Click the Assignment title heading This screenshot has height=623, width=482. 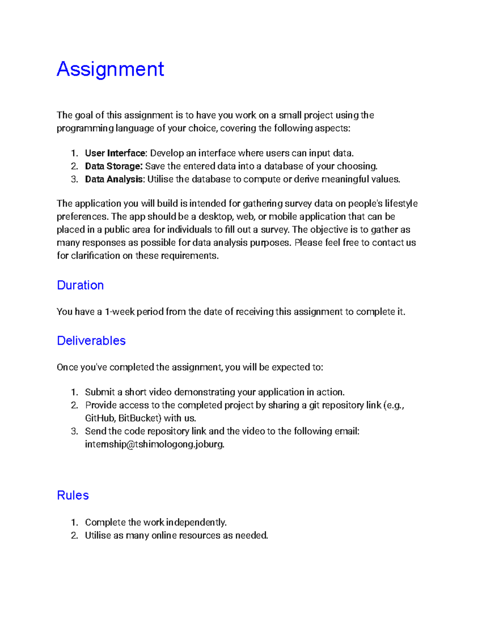110,69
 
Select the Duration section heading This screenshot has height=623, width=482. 80,285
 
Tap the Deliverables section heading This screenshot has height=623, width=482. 91,341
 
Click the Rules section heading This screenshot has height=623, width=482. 73,495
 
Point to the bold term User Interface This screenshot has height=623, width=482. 115,153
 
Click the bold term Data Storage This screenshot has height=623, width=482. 113,166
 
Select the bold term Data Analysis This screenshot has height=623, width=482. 114,179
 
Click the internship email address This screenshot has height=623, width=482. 154,444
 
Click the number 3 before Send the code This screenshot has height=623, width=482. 74,431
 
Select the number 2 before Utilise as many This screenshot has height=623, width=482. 74,536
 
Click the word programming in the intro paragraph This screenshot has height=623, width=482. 85,128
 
